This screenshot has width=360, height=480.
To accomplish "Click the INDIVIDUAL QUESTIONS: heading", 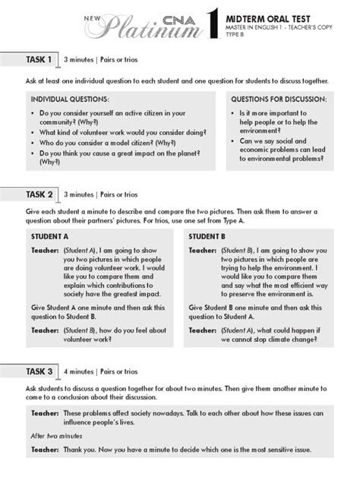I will (69, 99).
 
